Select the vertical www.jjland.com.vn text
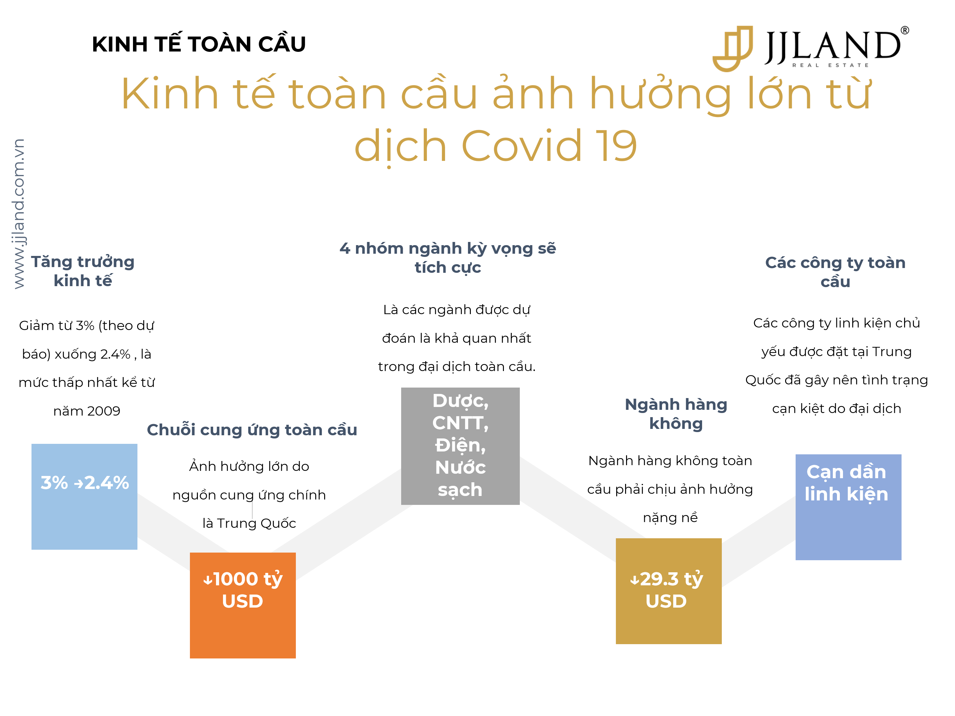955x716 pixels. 18,213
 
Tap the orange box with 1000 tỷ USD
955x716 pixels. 243,605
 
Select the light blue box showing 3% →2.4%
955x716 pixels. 84,496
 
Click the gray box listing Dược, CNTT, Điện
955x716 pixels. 460,446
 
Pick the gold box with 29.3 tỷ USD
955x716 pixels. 668,591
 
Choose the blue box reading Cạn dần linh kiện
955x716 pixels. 848,507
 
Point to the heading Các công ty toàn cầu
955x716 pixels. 835,272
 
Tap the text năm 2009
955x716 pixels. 87,411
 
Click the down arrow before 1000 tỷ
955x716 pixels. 208,580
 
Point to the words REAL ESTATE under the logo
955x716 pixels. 831,65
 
